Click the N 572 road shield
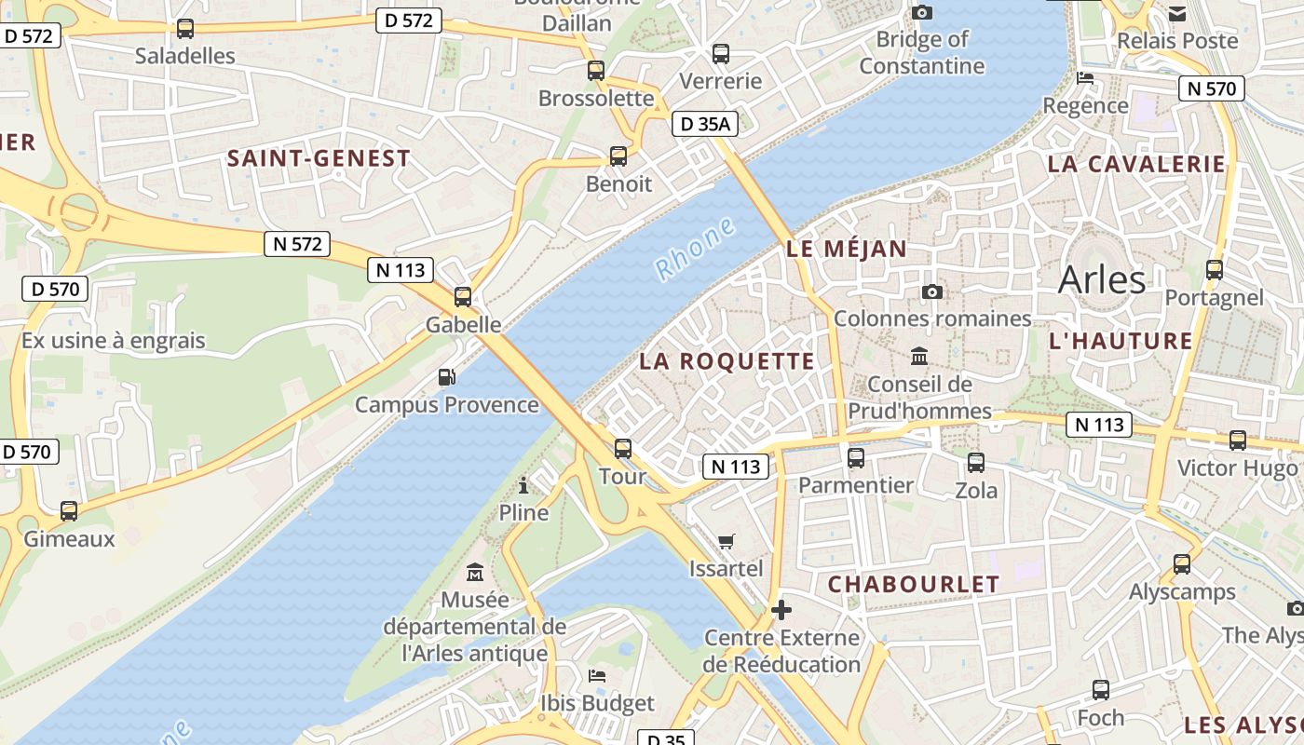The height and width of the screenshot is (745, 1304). pos(298,244)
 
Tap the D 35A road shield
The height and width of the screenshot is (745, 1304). pos(704,123)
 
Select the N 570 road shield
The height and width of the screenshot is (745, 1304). pos(1212,88)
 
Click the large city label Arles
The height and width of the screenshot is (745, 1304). pos(1102,278)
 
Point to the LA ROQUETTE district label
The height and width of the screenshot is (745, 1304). pos(727,361)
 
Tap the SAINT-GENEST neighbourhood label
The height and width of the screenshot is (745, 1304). pos(319,158)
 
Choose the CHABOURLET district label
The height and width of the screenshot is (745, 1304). pos(913,584)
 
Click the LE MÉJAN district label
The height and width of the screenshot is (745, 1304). pos(846,249)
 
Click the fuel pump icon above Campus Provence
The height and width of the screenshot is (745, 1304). pos(447,377)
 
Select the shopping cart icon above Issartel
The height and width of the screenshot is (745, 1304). pos(727,541)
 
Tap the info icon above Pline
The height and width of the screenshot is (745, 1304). pos(523,484)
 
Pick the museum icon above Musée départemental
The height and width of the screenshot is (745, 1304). pos(475,571)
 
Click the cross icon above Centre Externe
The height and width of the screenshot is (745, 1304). pos(781,610)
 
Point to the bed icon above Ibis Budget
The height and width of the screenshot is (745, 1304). pos(597,675)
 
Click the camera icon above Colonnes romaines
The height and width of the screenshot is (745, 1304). pos(931,291)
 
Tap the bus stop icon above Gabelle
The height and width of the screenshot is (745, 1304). pos(463,297)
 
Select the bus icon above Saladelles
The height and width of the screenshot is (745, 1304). pos(185,29)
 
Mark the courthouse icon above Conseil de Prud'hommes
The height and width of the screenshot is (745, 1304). pos(919,356)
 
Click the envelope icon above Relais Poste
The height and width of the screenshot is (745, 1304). pos(1177,14)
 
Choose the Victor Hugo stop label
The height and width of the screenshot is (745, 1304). pos(1237,467)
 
